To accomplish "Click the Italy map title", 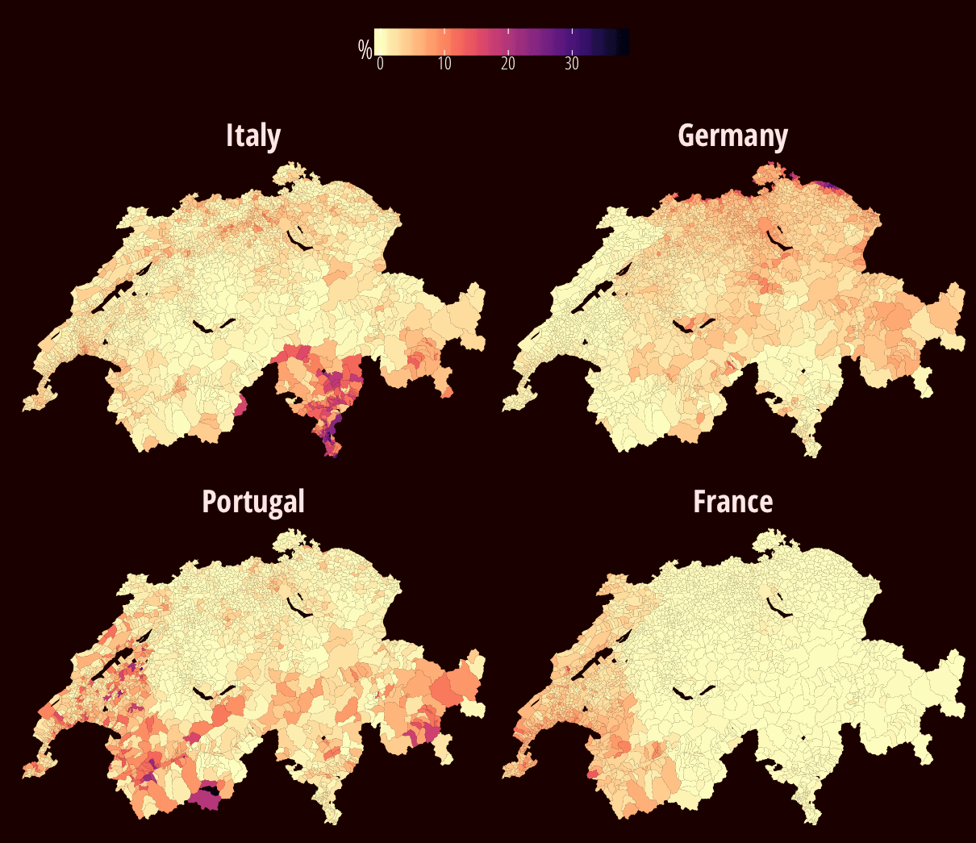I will [x=253, y=136].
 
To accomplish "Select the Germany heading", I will [x=732, y=136].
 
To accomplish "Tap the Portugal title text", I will [x=253, y=502].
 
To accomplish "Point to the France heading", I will [x=732, y=502].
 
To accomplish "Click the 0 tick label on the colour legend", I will [x=381, y=65].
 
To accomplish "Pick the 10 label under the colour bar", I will [x=444, y=65].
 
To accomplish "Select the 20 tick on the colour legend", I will [x=507, y=65].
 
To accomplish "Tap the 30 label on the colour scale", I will [x=571, y=65].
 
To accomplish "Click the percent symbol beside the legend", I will [x=365, y=49].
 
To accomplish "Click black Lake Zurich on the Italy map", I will [x=298, y=240].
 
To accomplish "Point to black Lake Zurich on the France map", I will [x=778, y=607].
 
